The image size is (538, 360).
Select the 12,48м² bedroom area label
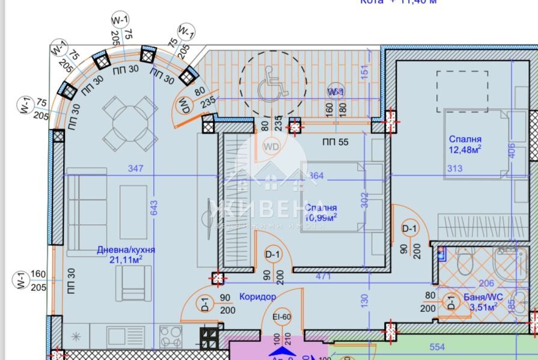coord(465,145)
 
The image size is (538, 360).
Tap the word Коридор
coord(257,296)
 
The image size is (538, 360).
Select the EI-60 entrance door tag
coord(282,317)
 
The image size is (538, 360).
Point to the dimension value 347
coord(136,169)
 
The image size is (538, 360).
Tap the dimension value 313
coord(454,169)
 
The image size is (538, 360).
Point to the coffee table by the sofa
coord(133,212)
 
